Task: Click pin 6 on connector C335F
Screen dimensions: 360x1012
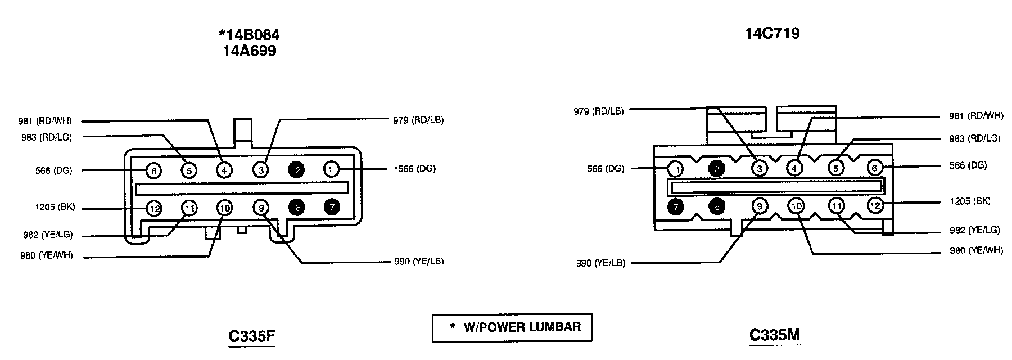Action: [x=154, y=170]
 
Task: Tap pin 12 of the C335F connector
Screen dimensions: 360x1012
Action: [x=154, y=209]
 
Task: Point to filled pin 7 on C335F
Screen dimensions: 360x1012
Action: [x=332, y=208]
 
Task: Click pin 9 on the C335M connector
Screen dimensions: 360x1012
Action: [x=759, y=206]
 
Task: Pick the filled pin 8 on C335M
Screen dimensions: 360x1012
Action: [x=716, y=206]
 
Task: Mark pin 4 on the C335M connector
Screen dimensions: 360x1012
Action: [x=794, y=168]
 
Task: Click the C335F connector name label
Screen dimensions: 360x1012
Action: [x=251, y=336]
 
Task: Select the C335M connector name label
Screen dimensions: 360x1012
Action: [x=775, y=335]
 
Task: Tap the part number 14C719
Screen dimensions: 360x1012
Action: [x=772, y=34]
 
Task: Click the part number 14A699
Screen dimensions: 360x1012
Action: [x=249, y=51]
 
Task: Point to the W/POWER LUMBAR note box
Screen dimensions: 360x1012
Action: [x=512, y=327]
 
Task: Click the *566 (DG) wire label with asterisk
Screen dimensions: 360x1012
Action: [x=414, y=169]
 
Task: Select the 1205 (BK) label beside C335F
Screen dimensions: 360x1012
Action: [x=54, y=207]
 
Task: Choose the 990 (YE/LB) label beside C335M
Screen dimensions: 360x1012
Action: [x=600, y=263]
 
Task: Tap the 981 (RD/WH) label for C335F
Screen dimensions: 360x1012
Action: [x=44, y=121]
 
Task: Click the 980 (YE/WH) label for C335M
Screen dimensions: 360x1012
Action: [x=976, y=250]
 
